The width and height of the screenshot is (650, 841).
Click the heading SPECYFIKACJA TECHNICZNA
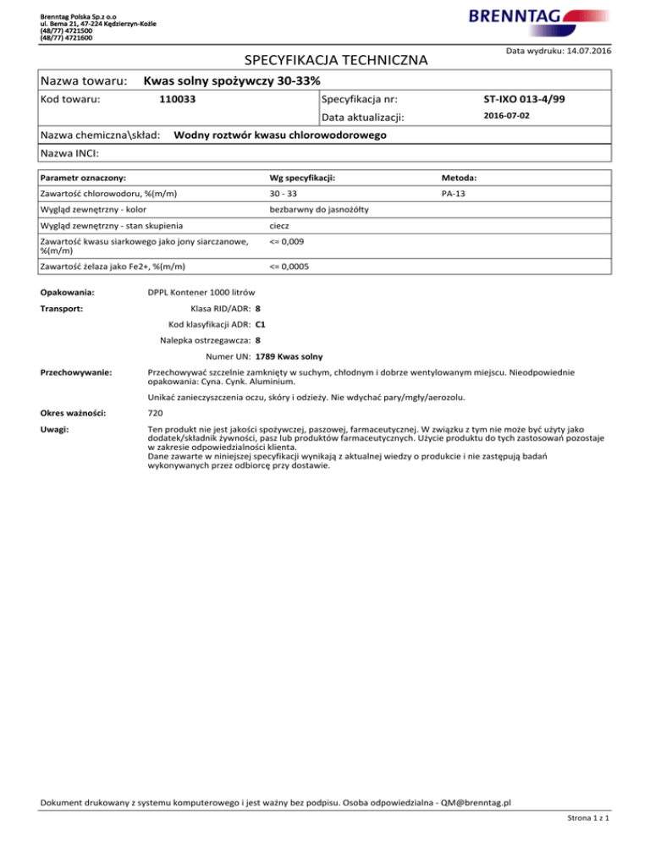[x=336, y=60]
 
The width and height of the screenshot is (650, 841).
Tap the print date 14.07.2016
[x=583, y=52]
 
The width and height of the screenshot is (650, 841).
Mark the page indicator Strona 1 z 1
[x=590, y=817]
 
